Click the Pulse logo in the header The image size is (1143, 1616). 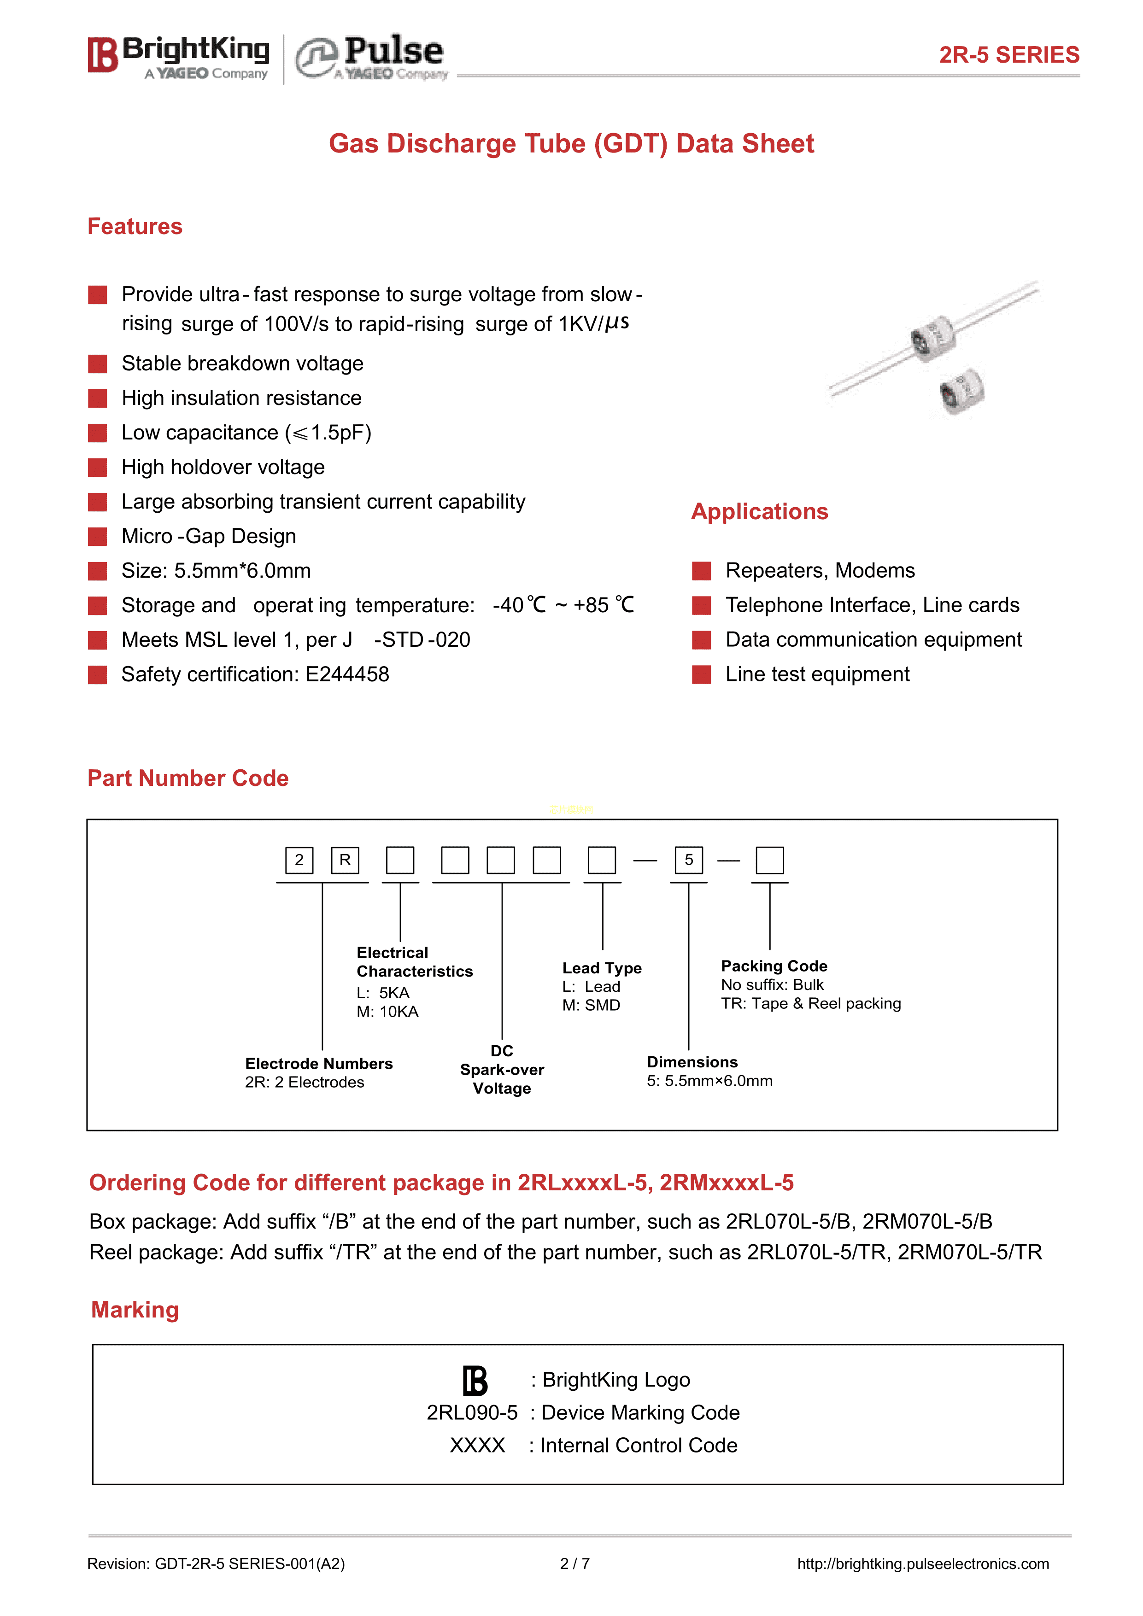371,56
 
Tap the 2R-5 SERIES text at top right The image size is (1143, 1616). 1008,55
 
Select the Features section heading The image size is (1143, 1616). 135,227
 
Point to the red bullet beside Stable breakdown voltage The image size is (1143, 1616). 97,364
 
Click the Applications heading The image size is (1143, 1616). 759,512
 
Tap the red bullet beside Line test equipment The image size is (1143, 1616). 701,675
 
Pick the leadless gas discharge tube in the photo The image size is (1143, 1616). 962,391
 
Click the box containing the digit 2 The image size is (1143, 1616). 299,860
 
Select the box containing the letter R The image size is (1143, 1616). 345,860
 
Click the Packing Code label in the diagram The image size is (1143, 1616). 774,966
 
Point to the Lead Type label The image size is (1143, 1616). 602,968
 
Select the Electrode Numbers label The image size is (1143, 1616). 318,1064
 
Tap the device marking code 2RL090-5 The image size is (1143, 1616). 472,1412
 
